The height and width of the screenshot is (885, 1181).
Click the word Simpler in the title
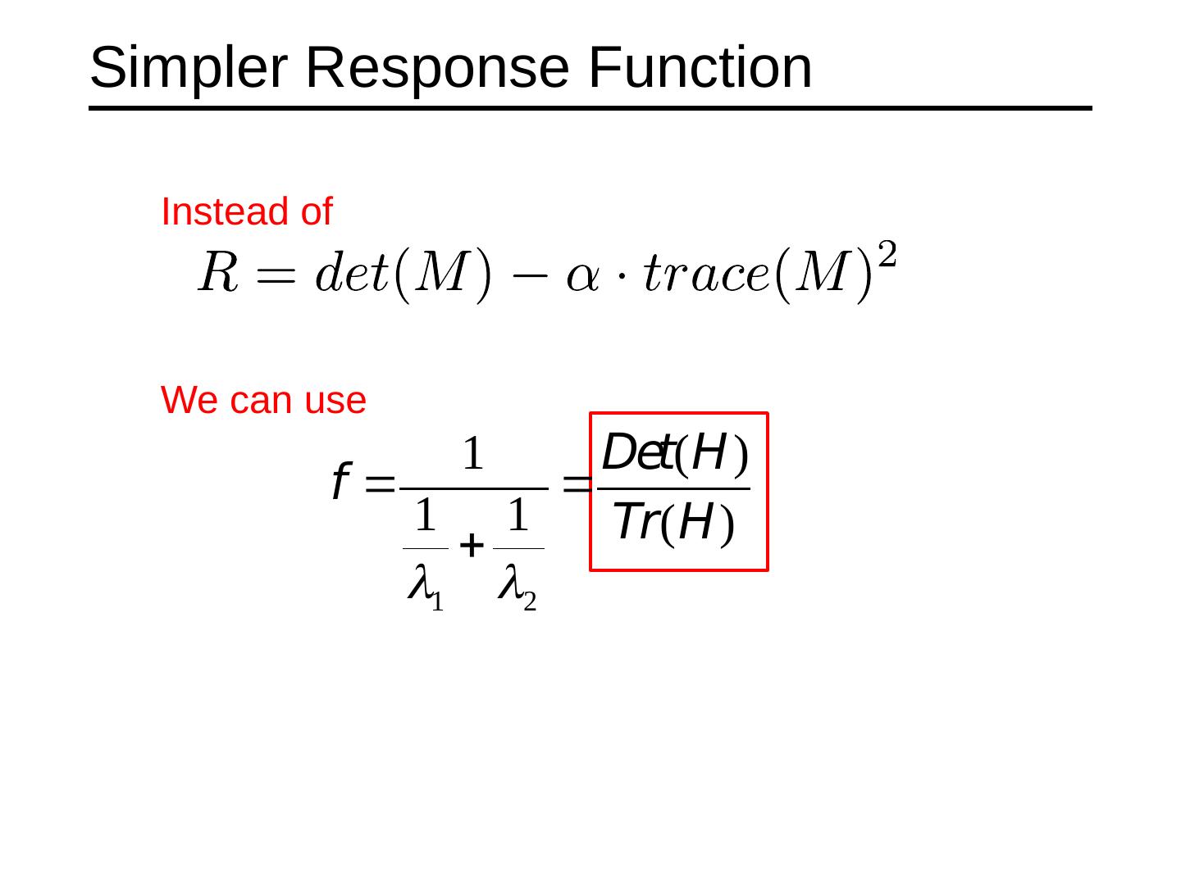tap(188, 67)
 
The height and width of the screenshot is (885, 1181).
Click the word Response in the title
tap(437, 67)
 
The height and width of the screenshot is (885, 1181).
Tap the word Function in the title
tap(700, 67)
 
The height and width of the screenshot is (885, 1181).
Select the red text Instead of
tap(246, 211)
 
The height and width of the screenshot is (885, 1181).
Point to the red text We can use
tap(263, 400)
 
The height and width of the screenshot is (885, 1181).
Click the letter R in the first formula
tap(218, 272)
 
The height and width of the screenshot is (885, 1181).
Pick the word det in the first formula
tap(351, 272)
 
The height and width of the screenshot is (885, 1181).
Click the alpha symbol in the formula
tap(582, 275)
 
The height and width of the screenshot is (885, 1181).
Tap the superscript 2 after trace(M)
tap(887, 255)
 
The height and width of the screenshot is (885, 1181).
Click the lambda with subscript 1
tap(421, 583)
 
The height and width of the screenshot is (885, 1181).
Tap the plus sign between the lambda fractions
tap(471, 545)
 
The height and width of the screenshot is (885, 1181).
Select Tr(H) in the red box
tap(673, 522)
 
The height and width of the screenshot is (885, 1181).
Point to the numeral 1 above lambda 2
tap(518, 516)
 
